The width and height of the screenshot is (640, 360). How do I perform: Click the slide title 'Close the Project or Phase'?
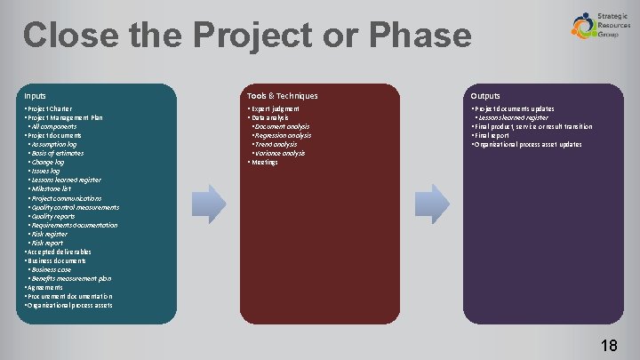(x=247, y=36)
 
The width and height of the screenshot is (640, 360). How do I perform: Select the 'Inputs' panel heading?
(x=36, y=96)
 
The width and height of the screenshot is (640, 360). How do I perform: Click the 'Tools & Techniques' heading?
(x=282, y=96)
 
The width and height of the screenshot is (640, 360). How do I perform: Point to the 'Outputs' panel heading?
(x=485, y=96)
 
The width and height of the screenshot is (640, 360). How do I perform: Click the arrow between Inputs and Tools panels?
(x=209, y=204)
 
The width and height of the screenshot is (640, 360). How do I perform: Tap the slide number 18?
(x=608, y=345)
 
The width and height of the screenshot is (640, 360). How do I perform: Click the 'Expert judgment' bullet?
(x=275, y=108)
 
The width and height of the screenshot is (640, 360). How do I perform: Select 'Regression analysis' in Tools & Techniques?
(x=282, y=135)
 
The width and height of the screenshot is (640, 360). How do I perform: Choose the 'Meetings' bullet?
(x=264, y=162)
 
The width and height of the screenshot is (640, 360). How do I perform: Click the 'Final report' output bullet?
(x=491, y=135)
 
